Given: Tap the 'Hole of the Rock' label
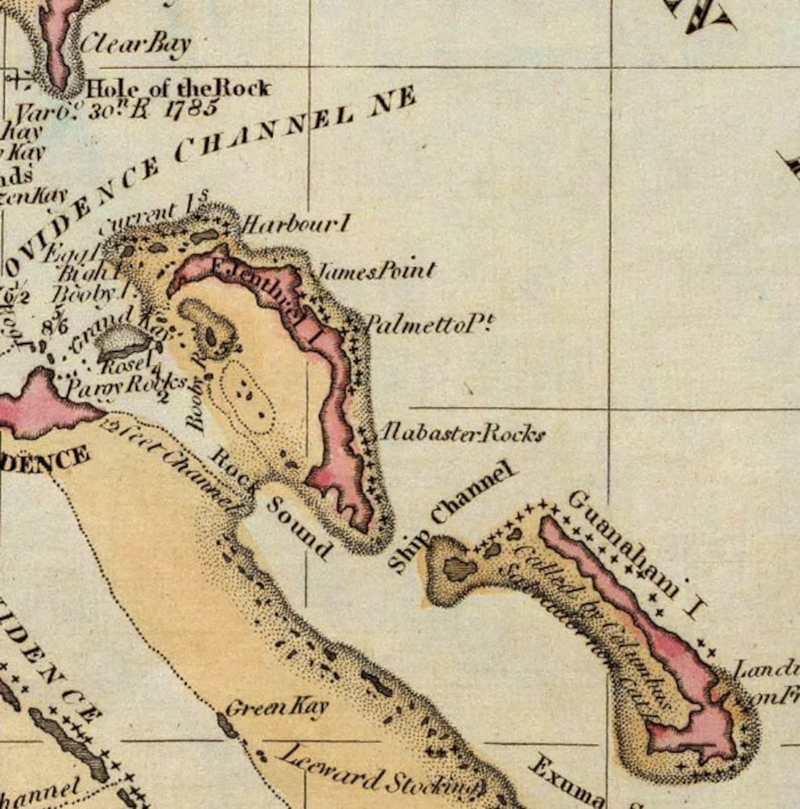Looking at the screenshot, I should point(178,89).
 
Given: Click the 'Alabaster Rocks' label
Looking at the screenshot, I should point(462,433).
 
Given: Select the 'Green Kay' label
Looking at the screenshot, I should point(276,708).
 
